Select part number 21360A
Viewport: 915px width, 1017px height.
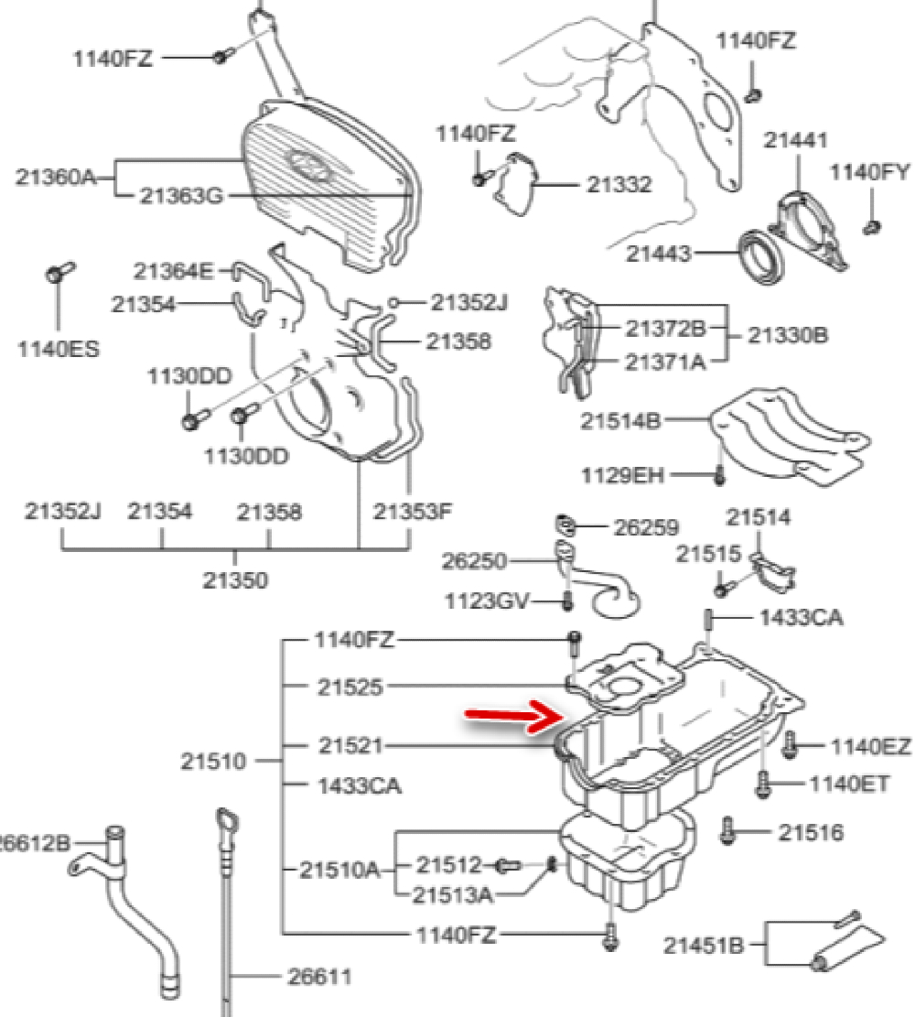coord(55,176)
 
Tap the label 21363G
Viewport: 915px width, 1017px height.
coord(181,196)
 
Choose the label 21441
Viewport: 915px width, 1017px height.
coord(795,140)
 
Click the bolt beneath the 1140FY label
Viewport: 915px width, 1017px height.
coord(871,223)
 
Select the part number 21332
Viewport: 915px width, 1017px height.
coord(619,185)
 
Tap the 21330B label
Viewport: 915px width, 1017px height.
coord(787,335)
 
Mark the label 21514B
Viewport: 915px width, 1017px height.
coord(619,421)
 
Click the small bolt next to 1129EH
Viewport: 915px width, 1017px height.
coord(718,474)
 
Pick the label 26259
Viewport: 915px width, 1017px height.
coord(646,527)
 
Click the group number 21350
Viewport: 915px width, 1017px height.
coord(236,580)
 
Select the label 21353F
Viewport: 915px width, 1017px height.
coord(413,512)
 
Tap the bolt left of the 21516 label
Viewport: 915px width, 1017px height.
coord(729,829)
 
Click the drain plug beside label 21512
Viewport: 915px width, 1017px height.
coord(509,865)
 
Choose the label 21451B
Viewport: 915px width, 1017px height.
coord(703,944)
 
